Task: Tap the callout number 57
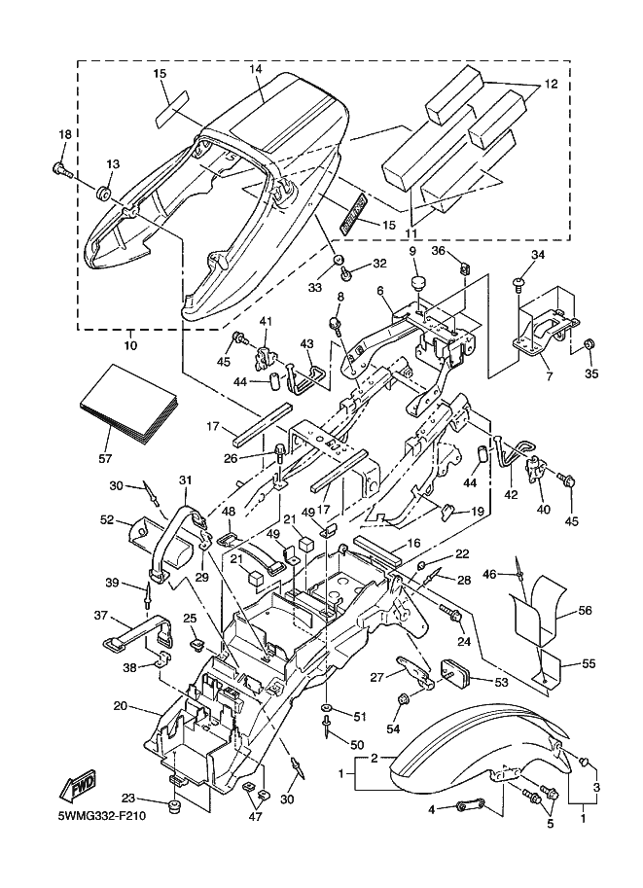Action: pyautogui.click(x=106, y=457)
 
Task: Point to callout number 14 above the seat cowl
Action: pyautogui.click(x=256, y=70)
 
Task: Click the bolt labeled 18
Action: pyautogui.click(x=61, y=169)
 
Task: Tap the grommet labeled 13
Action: pyautogui.click(x=104, y=188)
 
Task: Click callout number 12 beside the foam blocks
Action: pyautogui.click(x=551, y=86)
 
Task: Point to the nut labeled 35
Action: pyautogui.click(x=589, y=345)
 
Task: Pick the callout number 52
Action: pyautogui.click(x=107, y=519)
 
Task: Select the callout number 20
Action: pyautogui.click(x=120, y=705)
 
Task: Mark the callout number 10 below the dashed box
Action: pyautogui.click(x=131, y=345)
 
